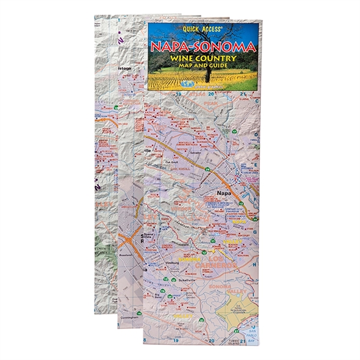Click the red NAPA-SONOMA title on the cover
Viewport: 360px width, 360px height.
click(x=202, y=47)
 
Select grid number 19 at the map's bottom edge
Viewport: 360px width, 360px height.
click(x=177, y=340)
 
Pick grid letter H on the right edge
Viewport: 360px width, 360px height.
click(x=256, y=265)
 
